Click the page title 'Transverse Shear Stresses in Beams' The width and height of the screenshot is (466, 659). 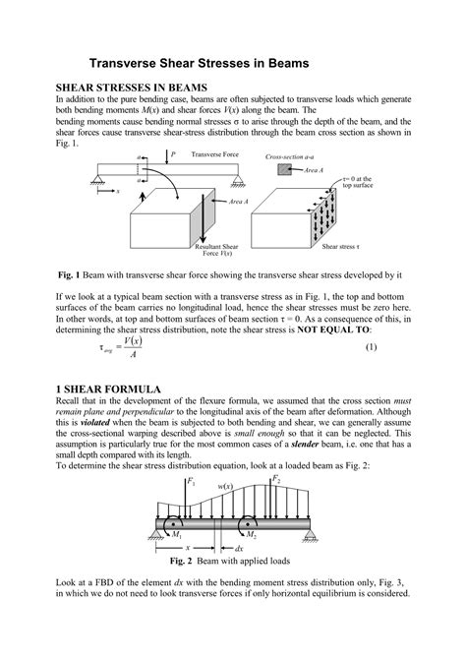point(201,62)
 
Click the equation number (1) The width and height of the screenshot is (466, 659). point(399,347)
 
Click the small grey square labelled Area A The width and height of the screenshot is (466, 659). point(284,170)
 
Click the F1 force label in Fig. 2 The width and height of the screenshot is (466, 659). point(193,483)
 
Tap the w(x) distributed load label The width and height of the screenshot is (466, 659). point(225,486)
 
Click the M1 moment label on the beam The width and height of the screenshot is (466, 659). point(177,536)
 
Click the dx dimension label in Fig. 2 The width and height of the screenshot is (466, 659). point(239,549)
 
